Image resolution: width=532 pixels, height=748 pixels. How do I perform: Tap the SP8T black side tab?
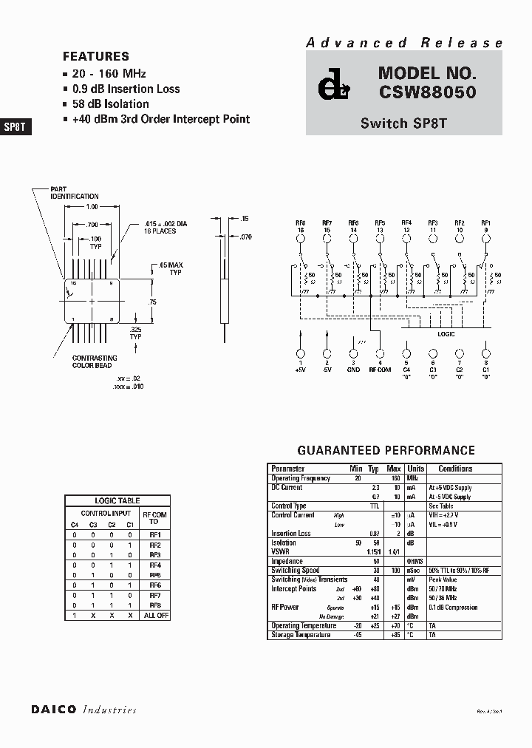[x=15, y=126]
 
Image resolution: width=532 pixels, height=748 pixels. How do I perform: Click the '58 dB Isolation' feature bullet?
[x=110, y=104]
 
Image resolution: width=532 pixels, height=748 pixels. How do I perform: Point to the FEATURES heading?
[x=96, y=56]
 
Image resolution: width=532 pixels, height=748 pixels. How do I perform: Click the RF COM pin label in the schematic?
[x=380, y=370]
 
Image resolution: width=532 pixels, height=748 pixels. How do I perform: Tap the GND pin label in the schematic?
[x=353, y=370]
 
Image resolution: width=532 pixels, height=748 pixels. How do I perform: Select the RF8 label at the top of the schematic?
[x=301, y=222]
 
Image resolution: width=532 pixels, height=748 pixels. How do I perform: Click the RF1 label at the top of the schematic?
[x=485, y=222]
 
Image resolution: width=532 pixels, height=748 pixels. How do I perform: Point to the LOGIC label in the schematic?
[x=446, y=334]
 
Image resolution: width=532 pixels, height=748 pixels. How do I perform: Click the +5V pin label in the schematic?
[x=300, y=370]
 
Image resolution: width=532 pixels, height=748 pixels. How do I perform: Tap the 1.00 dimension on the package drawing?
[x=92, y=207]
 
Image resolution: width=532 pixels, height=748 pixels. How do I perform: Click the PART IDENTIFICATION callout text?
[x=74, y=193]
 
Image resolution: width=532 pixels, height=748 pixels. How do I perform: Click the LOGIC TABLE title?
[x=117, y=500]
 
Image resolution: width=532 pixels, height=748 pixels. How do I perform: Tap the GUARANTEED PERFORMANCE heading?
[x=386, y=450]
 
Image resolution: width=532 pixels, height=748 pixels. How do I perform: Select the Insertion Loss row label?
[x=291, y=533]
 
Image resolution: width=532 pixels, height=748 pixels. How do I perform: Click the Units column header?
[x=416, y=469]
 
